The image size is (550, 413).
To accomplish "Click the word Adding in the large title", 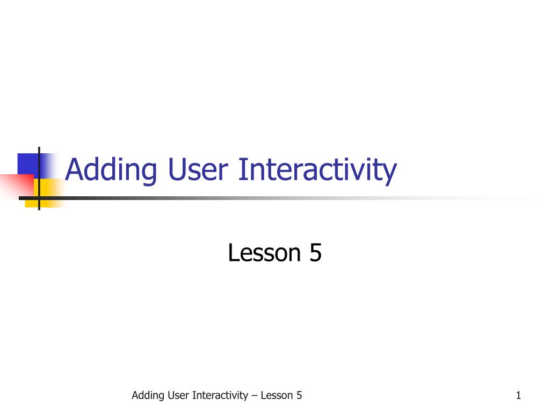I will [111, 170].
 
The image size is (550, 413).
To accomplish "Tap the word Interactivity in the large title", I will [317, 170].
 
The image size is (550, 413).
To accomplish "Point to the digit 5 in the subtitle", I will [315, 253].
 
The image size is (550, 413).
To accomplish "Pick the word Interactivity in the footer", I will [220, 396].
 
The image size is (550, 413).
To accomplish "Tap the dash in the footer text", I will [255, 396].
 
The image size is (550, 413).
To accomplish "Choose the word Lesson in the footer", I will [277, 396].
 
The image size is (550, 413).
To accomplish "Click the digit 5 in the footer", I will [299, 396].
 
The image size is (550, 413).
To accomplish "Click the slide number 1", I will [518, 396].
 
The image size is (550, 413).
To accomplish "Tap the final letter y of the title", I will [390, 172].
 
